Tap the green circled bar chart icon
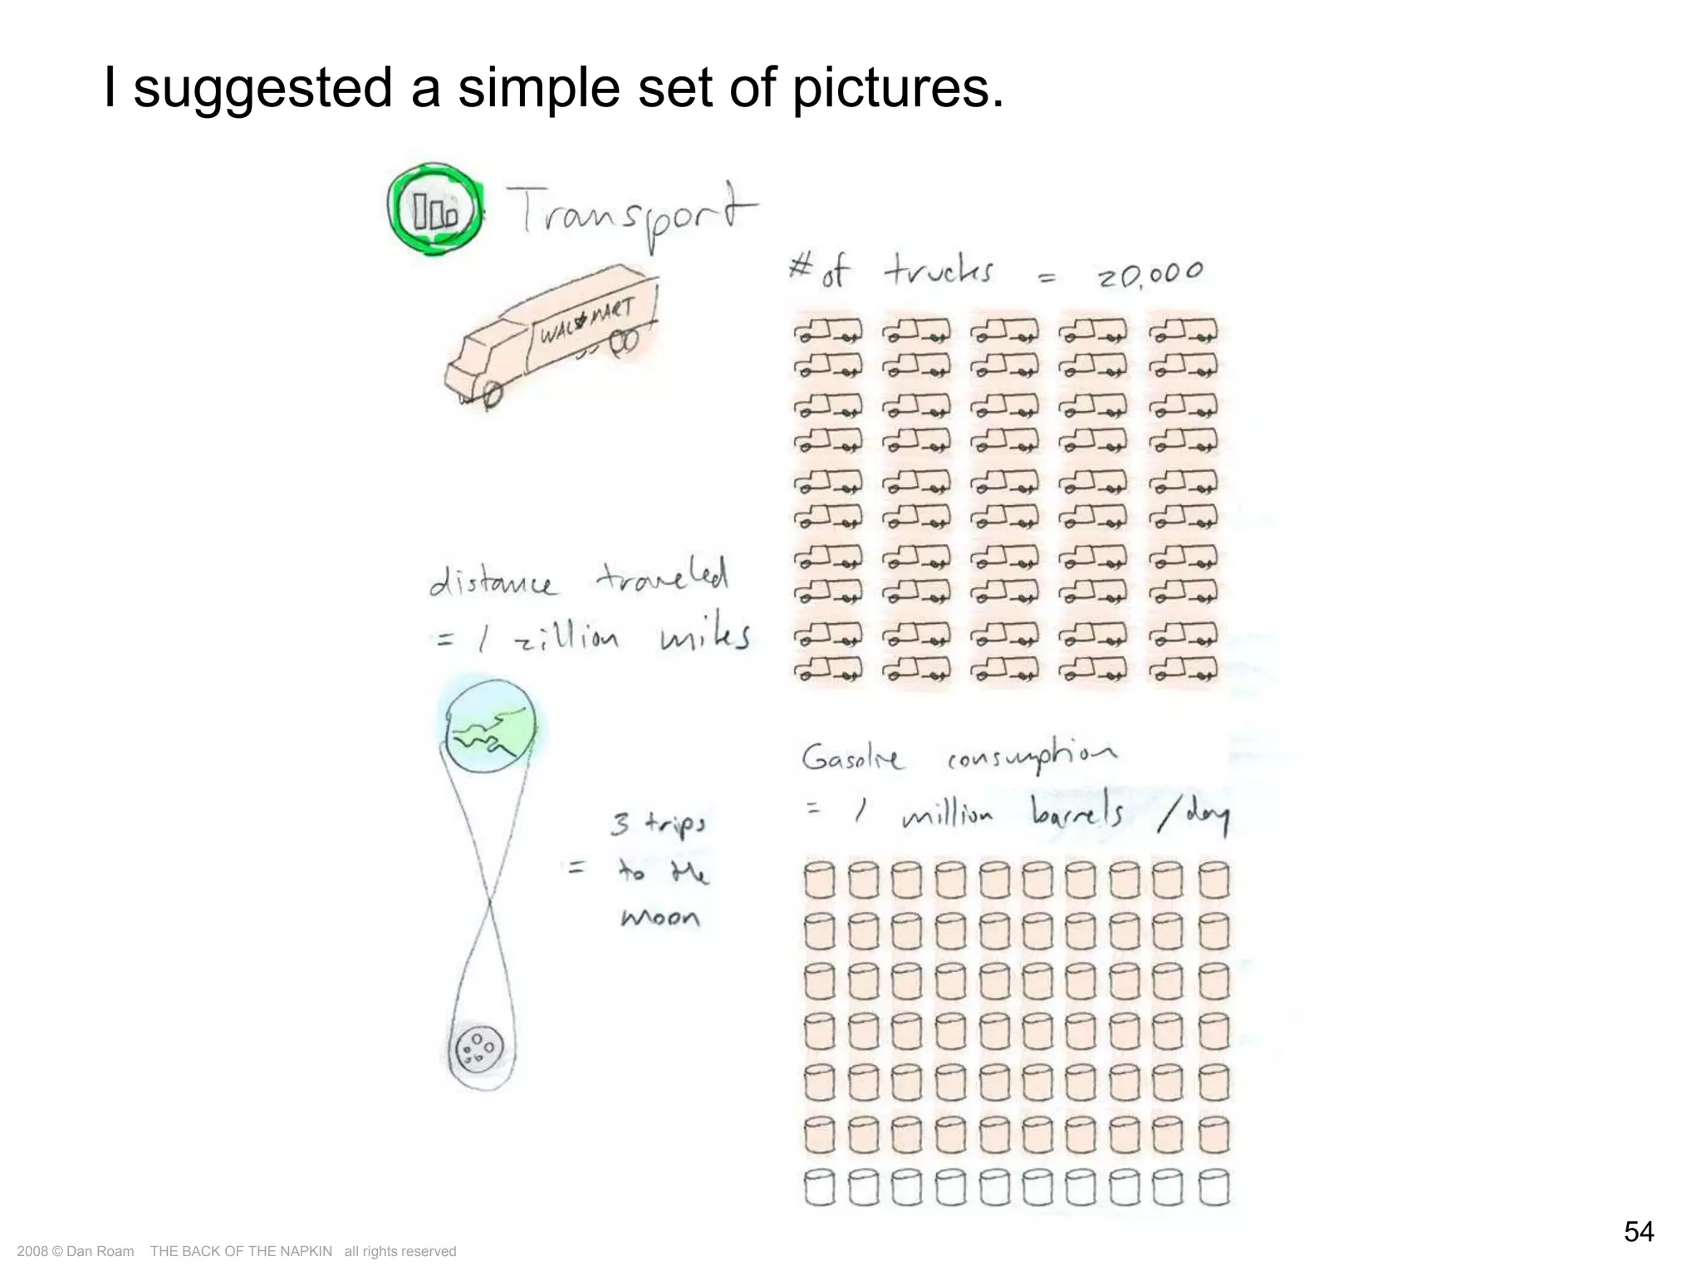coord(434,209)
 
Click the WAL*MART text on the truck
coord(586,321)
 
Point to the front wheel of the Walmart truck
coord(492,395)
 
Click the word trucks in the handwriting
coord(939,271)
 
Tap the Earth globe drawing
coord(488,727)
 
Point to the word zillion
coord(566,638)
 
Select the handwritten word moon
coord(660,917)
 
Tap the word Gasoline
coord(851,758)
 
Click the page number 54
coord(1638,1230)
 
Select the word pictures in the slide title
coord(897,88)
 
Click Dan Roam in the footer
coord(100,1251)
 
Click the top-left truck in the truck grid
coord(828,331)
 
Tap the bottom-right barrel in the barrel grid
coord(1213,1187)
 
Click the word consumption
coord(1032,756)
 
